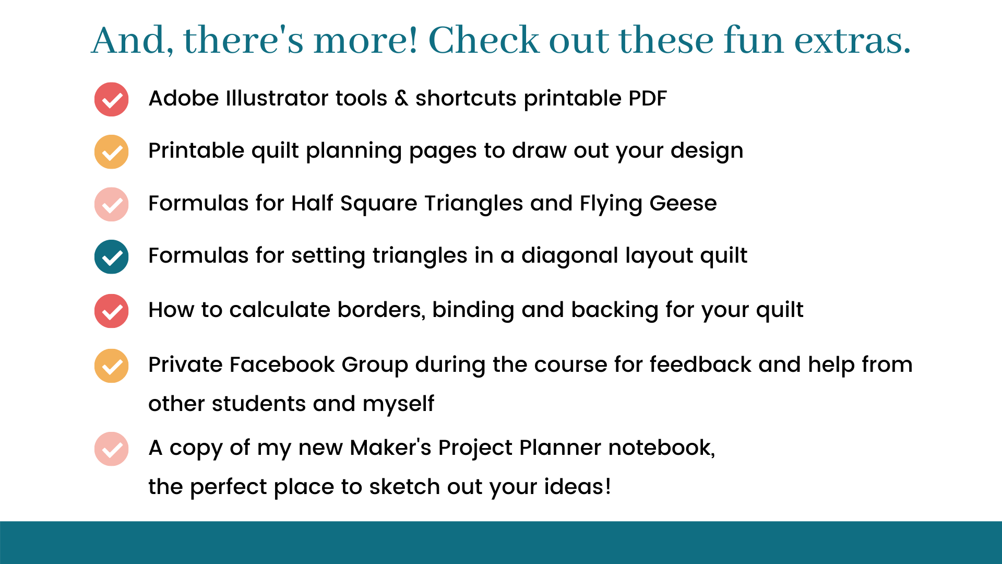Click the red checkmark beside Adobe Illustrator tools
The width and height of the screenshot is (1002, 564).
point(111,99)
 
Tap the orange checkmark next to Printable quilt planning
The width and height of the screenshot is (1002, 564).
point(111,152)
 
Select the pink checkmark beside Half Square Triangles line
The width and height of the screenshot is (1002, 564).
point(111,204)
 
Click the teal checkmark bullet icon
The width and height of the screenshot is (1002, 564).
point(111,257)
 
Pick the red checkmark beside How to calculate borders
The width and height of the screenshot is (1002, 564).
point(111,311)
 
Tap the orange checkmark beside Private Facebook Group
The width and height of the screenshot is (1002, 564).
point(111,366)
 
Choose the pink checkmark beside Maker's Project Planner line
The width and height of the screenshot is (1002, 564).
point(111,449)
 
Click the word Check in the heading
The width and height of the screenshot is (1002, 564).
point(483,40)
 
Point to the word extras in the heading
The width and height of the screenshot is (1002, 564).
point(852,41)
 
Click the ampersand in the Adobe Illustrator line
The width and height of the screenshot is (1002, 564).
point(401,98)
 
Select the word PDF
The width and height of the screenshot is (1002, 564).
point(648,98)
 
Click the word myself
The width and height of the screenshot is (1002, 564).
point(398,405)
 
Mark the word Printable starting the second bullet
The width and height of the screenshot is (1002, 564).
point(196,150)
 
